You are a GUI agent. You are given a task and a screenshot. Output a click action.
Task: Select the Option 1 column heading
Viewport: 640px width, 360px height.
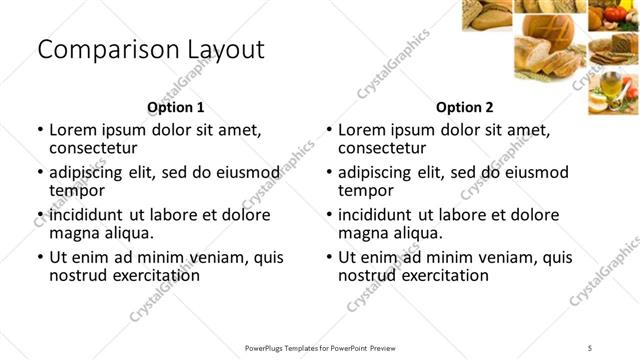pos(176,107)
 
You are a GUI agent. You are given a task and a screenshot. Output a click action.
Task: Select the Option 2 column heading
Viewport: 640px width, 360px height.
pos(465,107)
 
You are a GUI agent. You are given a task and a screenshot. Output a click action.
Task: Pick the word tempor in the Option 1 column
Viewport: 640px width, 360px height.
pos(77,190)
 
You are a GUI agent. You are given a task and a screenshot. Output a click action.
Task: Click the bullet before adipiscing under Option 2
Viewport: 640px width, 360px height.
pos(328,172)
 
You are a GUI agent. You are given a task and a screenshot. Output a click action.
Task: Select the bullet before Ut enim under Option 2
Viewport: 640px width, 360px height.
pos(328,257)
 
